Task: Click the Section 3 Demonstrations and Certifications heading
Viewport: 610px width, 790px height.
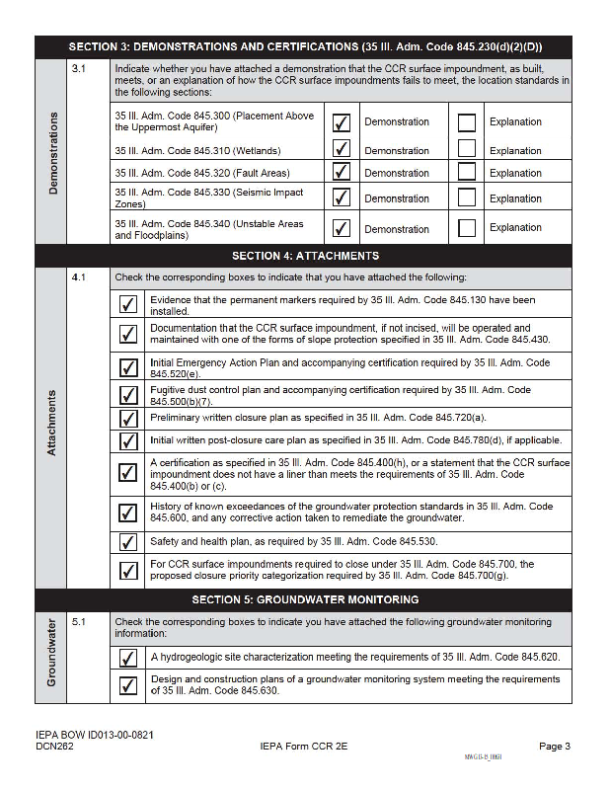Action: pyautogui.click(x=304, y=46)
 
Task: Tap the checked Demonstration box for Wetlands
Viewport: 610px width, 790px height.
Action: pyautogui.click(x=342, y=149)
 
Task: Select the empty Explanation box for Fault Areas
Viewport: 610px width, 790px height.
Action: pyautogui.click(x=467, y=172)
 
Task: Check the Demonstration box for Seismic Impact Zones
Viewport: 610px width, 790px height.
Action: pyautogui.click(x=342, y=197)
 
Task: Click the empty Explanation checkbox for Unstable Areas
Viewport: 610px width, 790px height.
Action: pyautogui.click(x=467, y=227)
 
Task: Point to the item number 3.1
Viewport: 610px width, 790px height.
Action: pyautogui.click(x=79, y=69)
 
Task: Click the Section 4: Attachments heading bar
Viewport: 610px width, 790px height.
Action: pyautogui.click(x=304, y=256)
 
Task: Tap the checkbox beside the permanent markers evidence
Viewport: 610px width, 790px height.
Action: pyautogui.click(x=127, y=304)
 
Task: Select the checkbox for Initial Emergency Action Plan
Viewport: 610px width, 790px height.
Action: pyautogui.click(x=127, y=368)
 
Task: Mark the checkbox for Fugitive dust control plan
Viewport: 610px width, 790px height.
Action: pyautogui.click(x=127, y=395)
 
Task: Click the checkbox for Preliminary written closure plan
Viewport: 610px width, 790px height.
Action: pyautogui.click(x=127, y=418)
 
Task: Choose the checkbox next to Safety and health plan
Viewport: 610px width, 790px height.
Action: pyautogui.click(x=127, y=542)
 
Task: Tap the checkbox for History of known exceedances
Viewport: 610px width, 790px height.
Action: pyautogui.click(x=127, y=513)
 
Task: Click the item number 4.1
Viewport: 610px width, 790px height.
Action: pyautogui.click(x=79, y=277)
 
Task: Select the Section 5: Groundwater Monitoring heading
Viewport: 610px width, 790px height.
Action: pyautogui.click(x=304, y=599)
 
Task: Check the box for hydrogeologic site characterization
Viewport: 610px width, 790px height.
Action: pyautogui.click(x=127, y=658)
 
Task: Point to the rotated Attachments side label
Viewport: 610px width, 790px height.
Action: pyautogui.click(x=51, y=423)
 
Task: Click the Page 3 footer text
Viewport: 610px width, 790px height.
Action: pyautogui.click(x=555, y=746)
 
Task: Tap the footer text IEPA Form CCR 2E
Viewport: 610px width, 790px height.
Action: pyautogui.click(x=304, y=747)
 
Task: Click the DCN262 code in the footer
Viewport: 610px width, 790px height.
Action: pyautogui.click(x=56, y=747)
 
